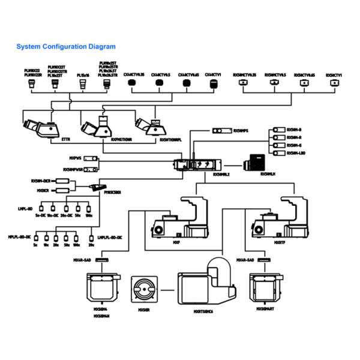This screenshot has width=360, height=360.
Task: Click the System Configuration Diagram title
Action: [x=66, y=46]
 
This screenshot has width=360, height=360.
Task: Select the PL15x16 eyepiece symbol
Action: [x=83, y=86]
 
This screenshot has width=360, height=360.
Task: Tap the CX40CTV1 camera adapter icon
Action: [x=212, y=85]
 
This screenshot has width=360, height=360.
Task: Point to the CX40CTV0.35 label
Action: [x=134, y=74]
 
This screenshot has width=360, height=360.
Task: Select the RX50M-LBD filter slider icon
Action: [x=277, y=153]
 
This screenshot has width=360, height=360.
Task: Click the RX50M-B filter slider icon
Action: [x=277, y=130]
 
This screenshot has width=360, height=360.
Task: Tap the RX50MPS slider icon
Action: [x=223, y=130]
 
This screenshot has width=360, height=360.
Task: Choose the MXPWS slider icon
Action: [x=91, y=158]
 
